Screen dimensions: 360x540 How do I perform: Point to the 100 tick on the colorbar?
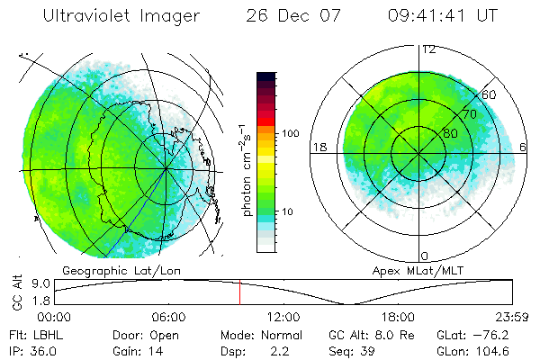click(290, 133)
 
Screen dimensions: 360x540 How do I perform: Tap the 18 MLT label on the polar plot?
click(319, 147)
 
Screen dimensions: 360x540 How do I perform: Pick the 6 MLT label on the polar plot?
click(524, 147)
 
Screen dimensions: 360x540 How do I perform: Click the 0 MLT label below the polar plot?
click(426, 256)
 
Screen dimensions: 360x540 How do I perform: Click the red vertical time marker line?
click(240, 292)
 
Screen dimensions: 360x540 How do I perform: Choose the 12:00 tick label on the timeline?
click(284, 317)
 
